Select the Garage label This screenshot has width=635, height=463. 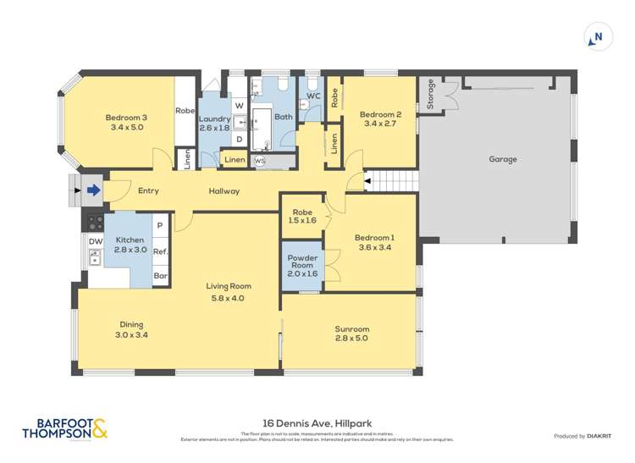tap(502, 159)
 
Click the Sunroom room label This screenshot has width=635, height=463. tap(351, 329)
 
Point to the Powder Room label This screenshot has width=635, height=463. tap(302, 258)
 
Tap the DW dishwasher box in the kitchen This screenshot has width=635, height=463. tap(95, 241)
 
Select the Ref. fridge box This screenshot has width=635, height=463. tap(160, 251)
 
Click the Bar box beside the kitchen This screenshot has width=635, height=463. tap(160, 276)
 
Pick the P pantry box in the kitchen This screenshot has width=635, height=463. tap(160, 226)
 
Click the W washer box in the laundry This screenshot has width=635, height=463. tap(239, 105)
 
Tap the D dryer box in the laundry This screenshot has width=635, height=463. tap(239, 138)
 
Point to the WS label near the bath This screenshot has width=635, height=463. tap(260, 160)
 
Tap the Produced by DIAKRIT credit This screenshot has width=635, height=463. tap(584, 436)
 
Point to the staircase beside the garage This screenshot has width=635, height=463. tap(395, 179)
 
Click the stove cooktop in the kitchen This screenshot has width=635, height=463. tap(93, 223)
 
